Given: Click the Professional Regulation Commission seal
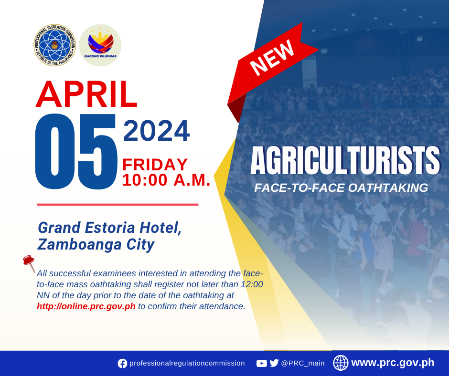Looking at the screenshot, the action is tap(54, 45).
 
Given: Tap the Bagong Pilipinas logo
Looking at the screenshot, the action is tap(100, 45).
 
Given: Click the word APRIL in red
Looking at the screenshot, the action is tap(86, 94).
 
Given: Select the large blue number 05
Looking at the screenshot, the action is tap(76, 151).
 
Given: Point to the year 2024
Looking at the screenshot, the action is tap(156, 131).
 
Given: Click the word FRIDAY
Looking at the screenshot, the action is tap(155, 165).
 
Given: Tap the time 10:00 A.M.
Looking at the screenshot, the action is tap(166, 180).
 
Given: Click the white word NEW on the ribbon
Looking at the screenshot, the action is tap(272, 58).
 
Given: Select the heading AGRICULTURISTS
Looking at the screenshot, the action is tap(345, 160).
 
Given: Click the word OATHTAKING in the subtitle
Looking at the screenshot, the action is tap(388, 188).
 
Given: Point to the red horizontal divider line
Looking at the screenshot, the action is tap(118, 205).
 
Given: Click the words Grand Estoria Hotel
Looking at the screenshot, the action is tap(110, 228).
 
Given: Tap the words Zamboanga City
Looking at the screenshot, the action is tap(96, 245).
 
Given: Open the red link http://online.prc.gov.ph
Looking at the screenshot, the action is tap(86, 306).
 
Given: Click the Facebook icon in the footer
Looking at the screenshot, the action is tap(122, 364).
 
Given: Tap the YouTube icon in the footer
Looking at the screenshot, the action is tap(261, 364).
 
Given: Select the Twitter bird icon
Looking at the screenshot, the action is tap(274, 363).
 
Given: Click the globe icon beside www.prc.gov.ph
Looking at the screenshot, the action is tap(341, 363).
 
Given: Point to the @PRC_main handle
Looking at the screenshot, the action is tap(303, 364).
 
